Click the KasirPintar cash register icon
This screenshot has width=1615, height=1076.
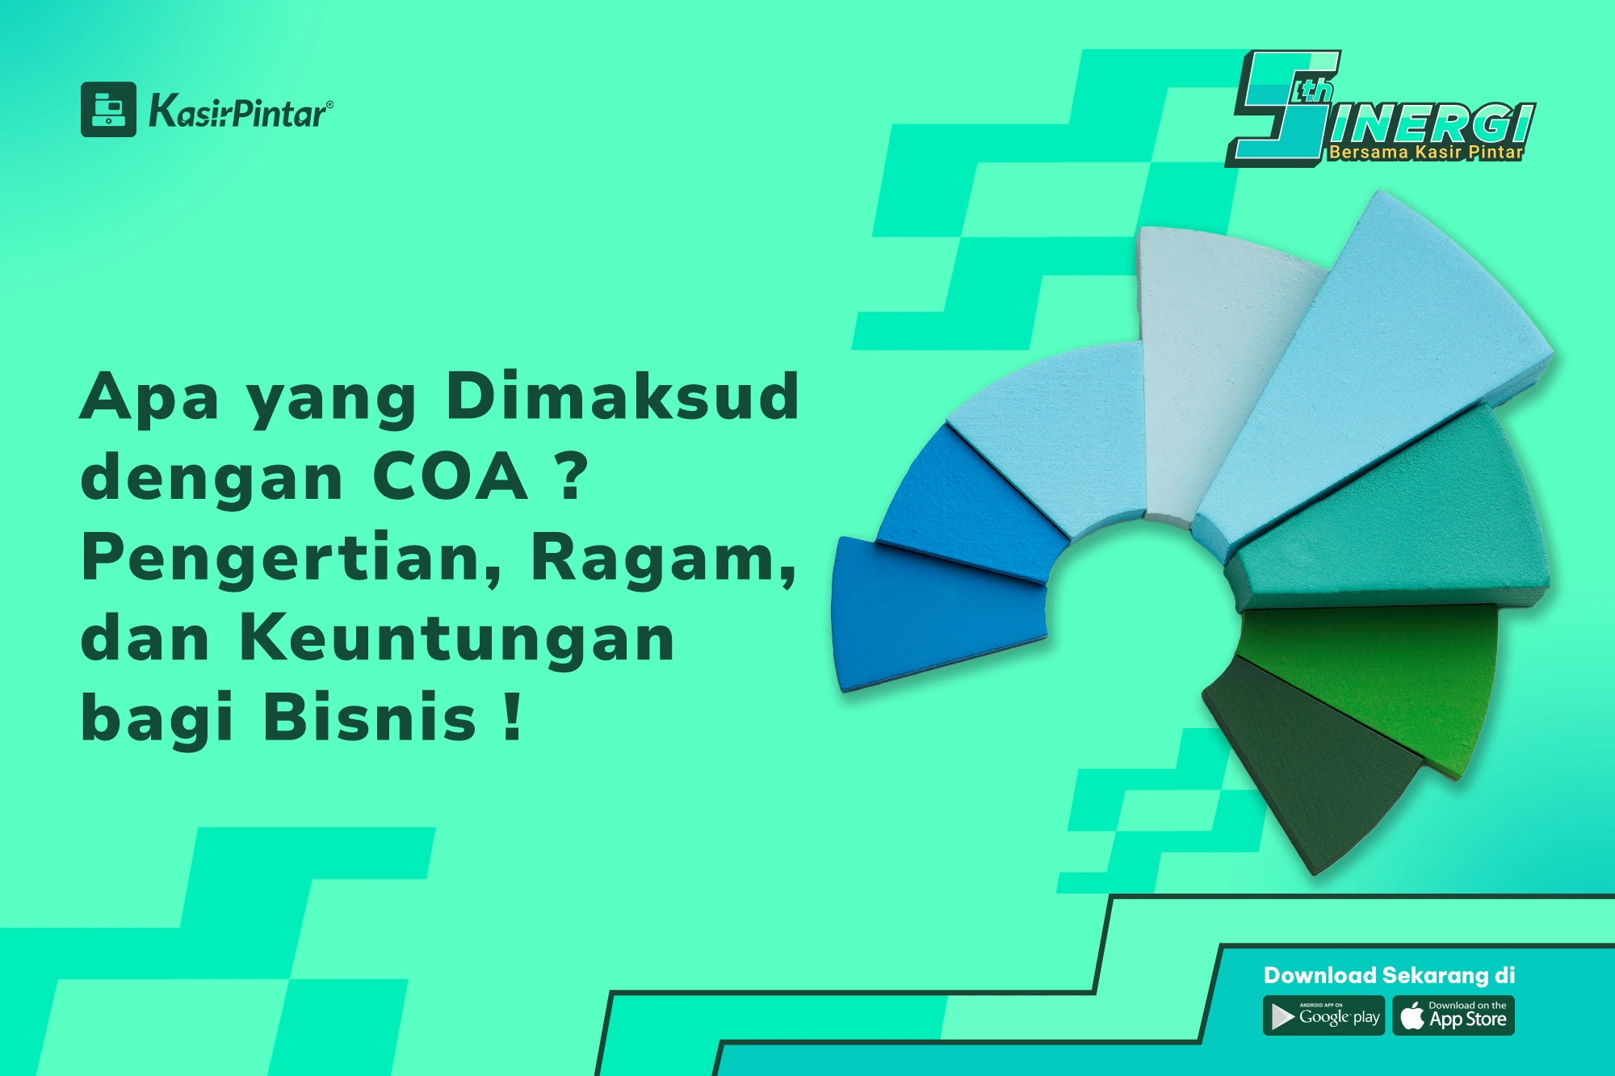(x=108, y=110)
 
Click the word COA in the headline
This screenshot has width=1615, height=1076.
(x=450, y=477)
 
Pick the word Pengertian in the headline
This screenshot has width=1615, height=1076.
(x=291, y=559)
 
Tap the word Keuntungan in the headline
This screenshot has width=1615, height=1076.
(x=457, y=638)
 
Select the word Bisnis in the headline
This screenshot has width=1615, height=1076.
(x=370, y=718)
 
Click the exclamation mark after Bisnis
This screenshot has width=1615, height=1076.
(x=511, y=718)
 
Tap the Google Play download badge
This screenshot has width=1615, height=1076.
(x=1323, y=1016)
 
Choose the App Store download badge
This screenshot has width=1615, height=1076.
(x=1453, y=1016)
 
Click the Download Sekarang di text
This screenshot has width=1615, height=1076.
(x=1389, y=975)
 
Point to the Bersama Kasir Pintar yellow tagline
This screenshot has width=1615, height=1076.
(x=1426, y=152)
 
